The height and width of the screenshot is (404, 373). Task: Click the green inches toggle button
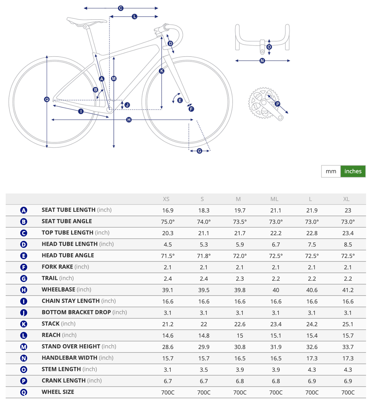353,171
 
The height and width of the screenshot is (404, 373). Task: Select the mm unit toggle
331,171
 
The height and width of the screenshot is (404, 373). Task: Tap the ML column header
274,199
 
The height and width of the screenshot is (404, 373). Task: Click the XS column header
166,199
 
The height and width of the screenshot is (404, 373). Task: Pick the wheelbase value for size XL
348,290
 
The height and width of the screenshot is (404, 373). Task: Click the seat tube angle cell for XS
168,222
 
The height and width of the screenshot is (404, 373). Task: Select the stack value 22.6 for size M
240,324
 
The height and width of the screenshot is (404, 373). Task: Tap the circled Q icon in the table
24,392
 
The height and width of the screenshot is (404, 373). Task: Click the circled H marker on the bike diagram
129,120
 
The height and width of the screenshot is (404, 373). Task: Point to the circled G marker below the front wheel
199,151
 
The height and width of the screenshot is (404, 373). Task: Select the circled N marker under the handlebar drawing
262,61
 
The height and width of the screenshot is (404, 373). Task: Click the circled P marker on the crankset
278,104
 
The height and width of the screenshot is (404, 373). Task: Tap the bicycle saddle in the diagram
86,21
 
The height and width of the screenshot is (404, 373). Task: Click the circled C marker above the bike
121,8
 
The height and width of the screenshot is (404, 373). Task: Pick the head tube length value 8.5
348,245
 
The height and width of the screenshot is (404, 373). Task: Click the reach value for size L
312,336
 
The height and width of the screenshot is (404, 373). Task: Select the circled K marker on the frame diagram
162,71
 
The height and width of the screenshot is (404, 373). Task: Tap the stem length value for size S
204,370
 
